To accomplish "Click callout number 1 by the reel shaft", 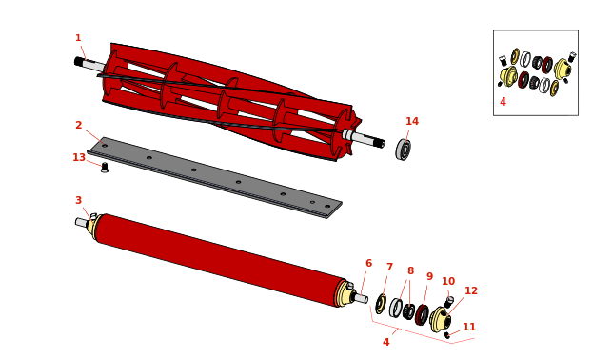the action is pos(78,38).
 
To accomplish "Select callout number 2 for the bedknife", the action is pos(78,125).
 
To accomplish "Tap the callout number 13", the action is pos(79,157).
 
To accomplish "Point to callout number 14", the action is pos(412,121).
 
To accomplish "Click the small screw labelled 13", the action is pos(104,168).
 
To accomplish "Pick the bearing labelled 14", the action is pos(404,150).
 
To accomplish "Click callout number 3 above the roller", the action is pos(78,200).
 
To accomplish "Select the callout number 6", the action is pos(369,263).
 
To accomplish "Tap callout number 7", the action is pos(389,267).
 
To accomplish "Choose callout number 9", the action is pos(429,276).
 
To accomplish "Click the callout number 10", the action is pos(448,281).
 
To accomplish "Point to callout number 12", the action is pos(471,290).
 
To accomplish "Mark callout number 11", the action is pos(469,327).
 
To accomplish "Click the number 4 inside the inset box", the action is pos(503,102).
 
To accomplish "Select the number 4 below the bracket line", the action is pos(386,342).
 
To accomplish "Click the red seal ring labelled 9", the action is pos(422,315).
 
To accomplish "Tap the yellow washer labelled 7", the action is pos(381,304).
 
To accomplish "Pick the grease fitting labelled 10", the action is pos(449,302).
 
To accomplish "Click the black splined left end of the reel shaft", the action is pos(80,61).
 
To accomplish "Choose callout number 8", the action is pos(410,270).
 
